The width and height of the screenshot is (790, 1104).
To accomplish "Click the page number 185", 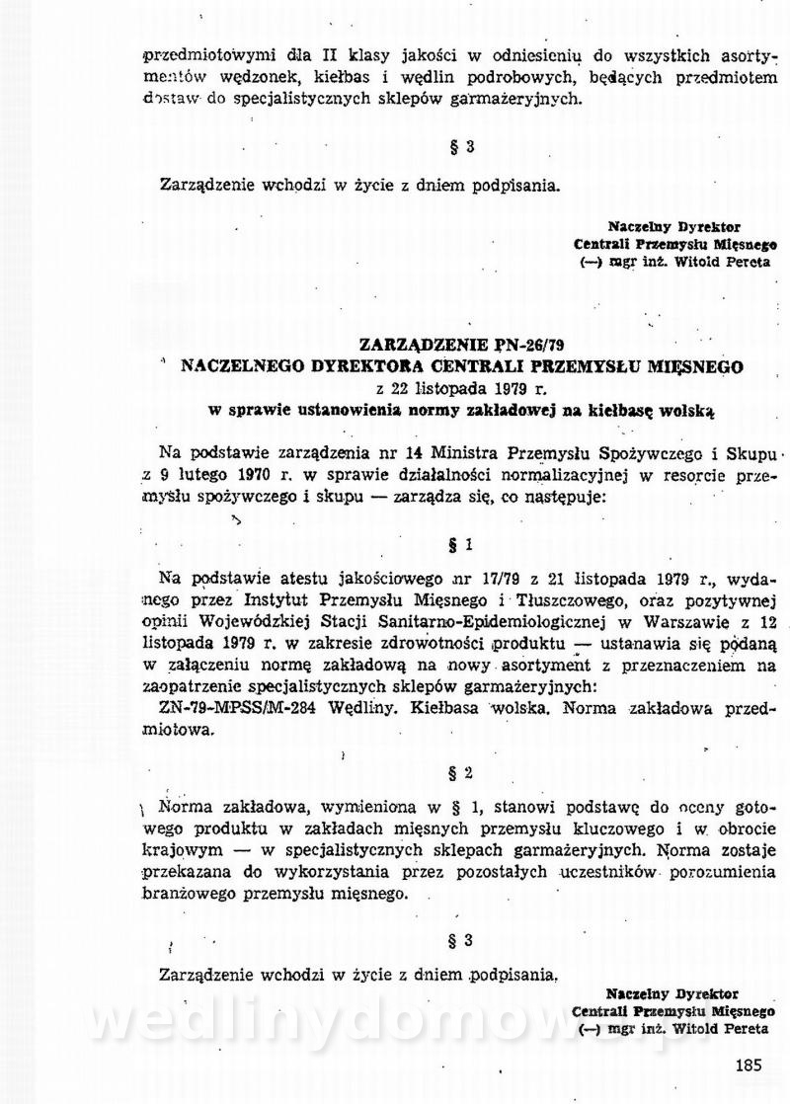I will click(x=750, y=1065).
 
